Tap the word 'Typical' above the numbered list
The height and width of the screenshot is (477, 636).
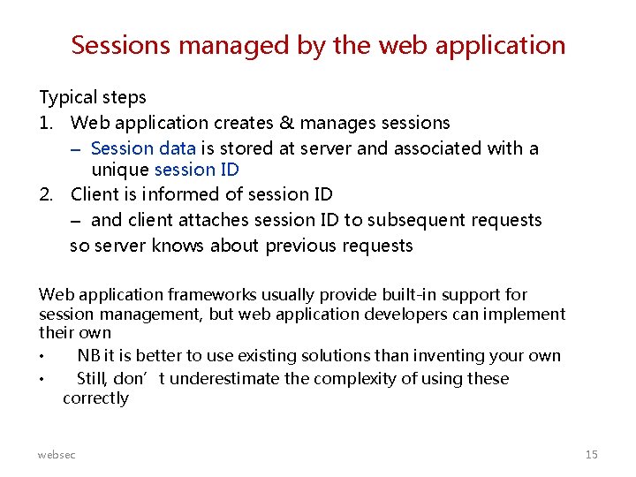pos(68,97)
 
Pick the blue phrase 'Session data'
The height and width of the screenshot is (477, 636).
pos(136,148)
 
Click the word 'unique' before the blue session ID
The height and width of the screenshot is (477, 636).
pos(120,170)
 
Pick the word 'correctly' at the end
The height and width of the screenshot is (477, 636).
pos(95,398)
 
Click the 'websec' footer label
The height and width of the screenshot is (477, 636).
pos(57,454)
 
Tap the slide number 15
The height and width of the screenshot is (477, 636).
pos(591,454)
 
